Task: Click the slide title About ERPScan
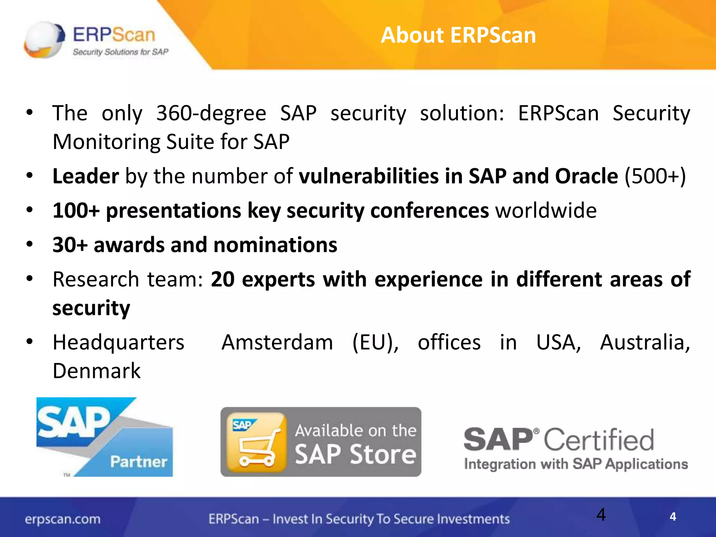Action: [458, 35]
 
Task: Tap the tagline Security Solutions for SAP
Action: [120, 52]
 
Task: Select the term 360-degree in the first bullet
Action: [211, 113]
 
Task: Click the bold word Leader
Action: [86, 176]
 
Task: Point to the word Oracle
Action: [586, 176]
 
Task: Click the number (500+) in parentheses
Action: [655, 176]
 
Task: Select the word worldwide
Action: [546, 210]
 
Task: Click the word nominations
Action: [275, 245]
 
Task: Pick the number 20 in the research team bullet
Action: [222, 279]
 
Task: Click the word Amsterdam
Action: [277, 342]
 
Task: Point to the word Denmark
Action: [96, 371]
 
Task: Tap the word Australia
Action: [645, 342]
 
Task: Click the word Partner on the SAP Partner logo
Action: [139, 461]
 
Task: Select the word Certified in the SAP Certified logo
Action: [599, 440]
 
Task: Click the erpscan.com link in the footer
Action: [63, 519]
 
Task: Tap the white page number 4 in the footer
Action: [673, 517]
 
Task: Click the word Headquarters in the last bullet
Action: [118, 342]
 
